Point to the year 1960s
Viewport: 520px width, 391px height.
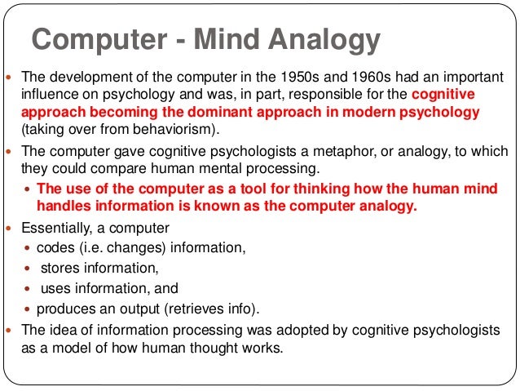tap(350, 78)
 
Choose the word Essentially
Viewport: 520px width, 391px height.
tap(57, 228)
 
